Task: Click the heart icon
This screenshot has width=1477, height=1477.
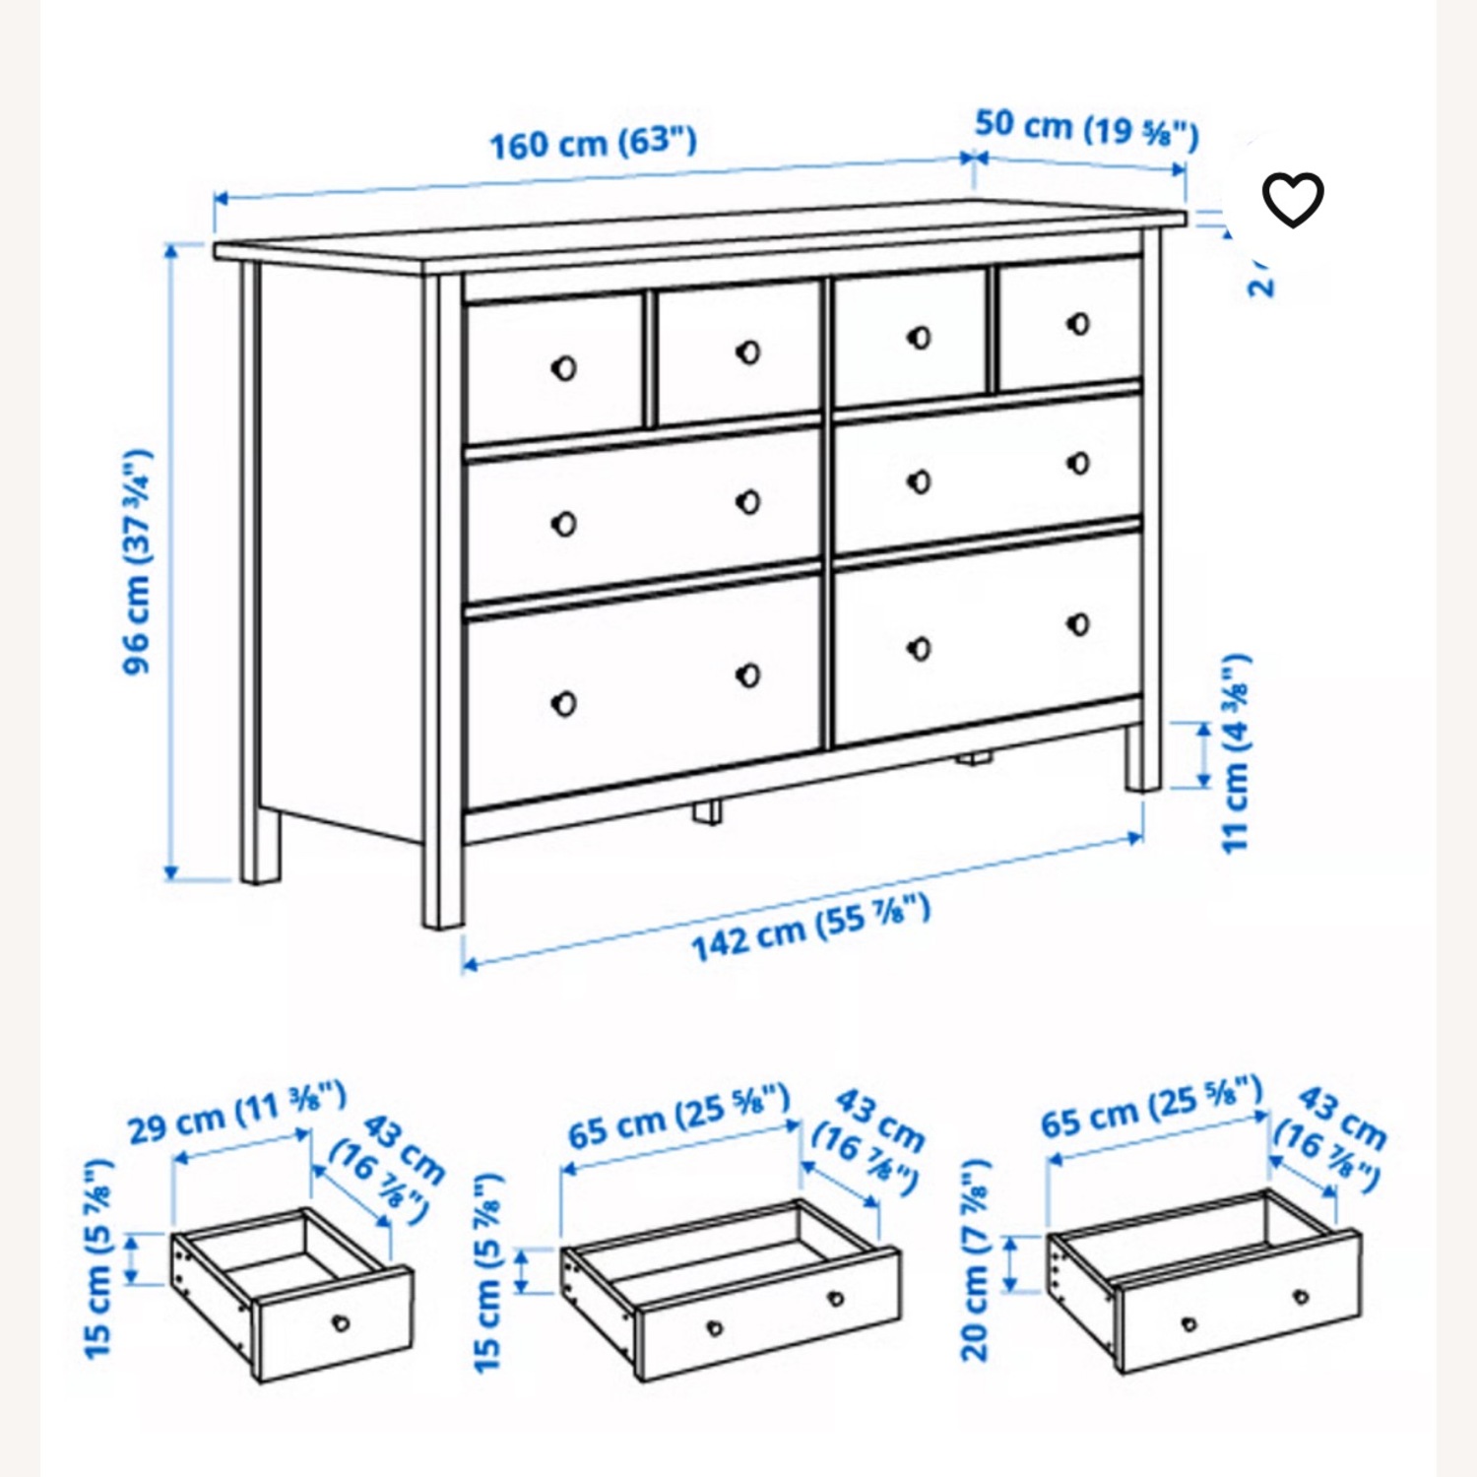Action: coord(1293,200)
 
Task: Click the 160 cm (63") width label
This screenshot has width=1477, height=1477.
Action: coord(593,144)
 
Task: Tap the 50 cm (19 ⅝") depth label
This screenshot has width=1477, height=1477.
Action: coord(1086,129)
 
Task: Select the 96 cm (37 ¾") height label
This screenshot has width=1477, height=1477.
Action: coord(139,561)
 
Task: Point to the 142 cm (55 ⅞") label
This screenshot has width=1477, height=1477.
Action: coord(809,928)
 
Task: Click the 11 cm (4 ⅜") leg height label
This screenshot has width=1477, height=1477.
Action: coord(1235,752)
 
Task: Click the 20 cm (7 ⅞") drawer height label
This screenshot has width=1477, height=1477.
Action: coord(975,1261)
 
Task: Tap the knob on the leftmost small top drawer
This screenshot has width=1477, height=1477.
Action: coord(563,368)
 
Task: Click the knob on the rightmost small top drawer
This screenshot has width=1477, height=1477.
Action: coord(1079,324)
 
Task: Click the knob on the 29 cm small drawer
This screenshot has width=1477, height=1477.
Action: coord(341,1322)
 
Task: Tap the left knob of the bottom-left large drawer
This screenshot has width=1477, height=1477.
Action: coord(563,703)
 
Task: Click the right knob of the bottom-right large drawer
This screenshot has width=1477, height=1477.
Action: coord(1078,624)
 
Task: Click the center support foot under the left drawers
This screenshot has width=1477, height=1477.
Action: coord(705,811)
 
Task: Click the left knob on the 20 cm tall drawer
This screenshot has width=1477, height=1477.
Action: coord(1188,1323)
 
